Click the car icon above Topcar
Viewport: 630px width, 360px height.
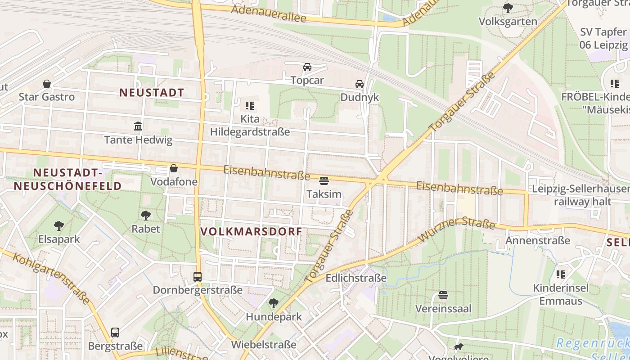tap(307, 67)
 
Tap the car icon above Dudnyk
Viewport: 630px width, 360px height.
tap(360, 84)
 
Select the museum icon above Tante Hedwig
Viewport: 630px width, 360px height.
tap(138, 126)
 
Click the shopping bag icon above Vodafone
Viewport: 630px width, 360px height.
tap(174, 169)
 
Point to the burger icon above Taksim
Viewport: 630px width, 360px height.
tap(324, 181)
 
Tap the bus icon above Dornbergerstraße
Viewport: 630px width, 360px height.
tap(198, 277)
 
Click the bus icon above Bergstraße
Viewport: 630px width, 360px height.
tap(115, 333)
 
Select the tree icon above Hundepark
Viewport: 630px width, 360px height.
tap(273, 303)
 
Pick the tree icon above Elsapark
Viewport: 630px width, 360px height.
tap(58, 225)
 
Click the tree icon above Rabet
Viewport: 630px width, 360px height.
tap(145, 215)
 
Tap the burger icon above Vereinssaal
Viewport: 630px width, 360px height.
tap(443, 295)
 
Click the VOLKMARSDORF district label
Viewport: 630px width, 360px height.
tap(251, 232)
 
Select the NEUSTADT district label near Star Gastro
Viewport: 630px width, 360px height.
tap(152, 93)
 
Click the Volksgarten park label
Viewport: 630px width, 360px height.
tap(508, 22)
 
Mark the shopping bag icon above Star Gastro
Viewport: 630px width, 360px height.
tap(47, 84)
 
